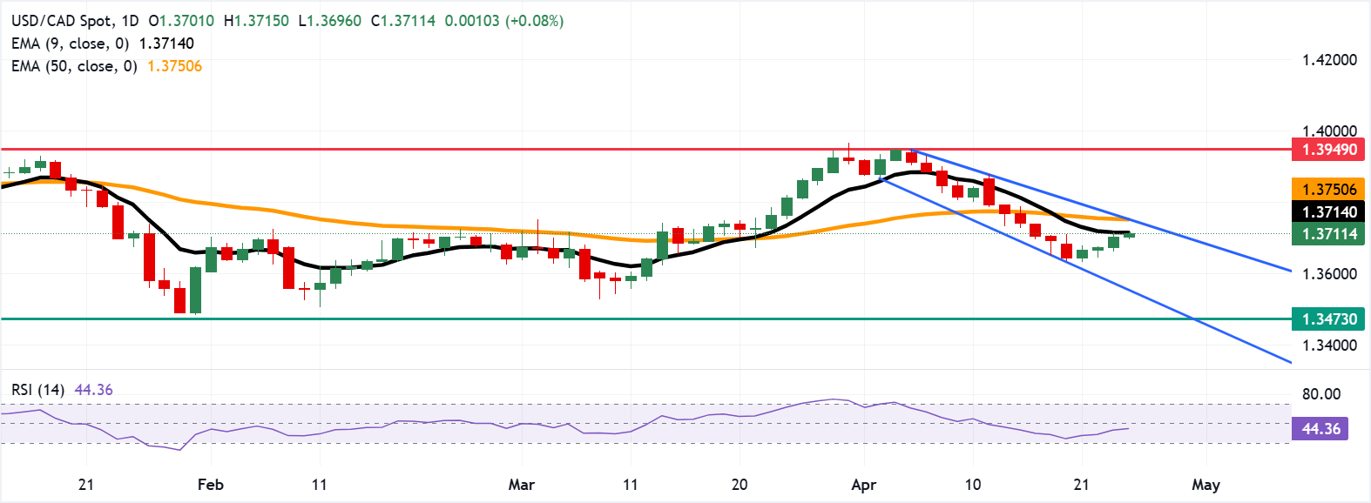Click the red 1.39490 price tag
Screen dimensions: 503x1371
coord(1328,150)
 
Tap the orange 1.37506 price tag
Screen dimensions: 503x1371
coord(1328,190)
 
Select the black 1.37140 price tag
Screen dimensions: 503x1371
coord(1328,212)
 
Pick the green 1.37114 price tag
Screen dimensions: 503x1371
coord(1328,234)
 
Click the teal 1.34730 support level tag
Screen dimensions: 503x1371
coord(1328,319)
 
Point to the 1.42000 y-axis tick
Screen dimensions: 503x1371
coord(1328,60)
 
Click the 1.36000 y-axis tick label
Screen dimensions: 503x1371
coord(1328,274)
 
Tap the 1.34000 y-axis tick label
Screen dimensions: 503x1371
coord(1328,345)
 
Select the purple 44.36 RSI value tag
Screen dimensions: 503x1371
coord(1320,429)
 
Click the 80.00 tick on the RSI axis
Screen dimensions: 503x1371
coord(1320,394)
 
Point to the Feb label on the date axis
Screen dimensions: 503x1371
coord(210,485)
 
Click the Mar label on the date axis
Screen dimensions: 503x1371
coord(521,485)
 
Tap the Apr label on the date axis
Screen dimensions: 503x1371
coord(863,485)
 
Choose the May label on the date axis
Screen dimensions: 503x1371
coord(1206,485)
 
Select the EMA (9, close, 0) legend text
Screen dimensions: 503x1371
coord(70,44)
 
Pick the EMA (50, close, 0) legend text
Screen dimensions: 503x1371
coord(74,66)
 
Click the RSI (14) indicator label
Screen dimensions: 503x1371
coord(38,390)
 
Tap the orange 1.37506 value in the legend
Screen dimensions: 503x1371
coord(174,66)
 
